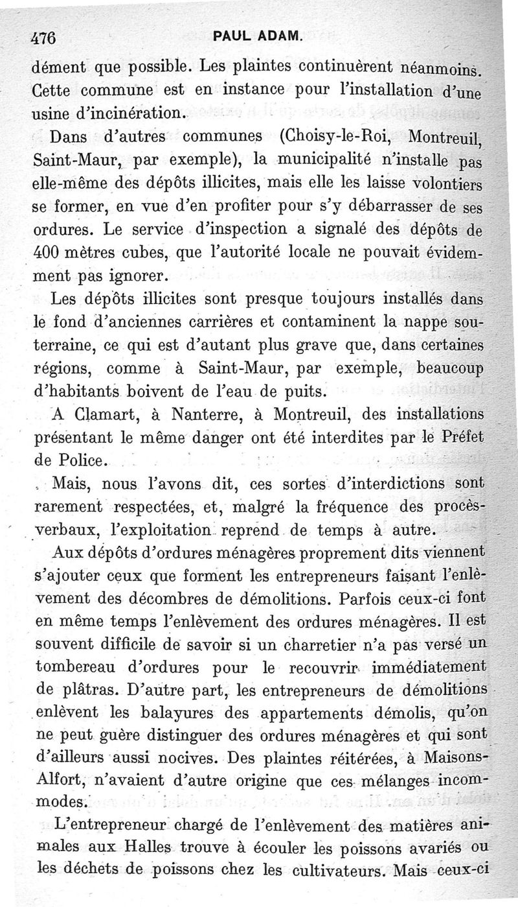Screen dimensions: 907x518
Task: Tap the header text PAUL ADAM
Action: pos(258,36)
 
